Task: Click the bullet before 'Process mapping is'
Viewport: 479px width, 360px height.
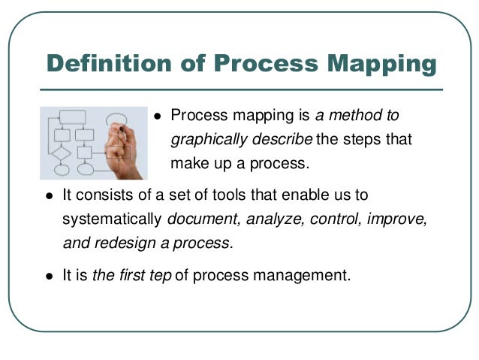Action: point(158,116)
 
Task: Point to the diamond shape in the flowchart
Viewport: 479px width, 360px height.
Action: point(62,153)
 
